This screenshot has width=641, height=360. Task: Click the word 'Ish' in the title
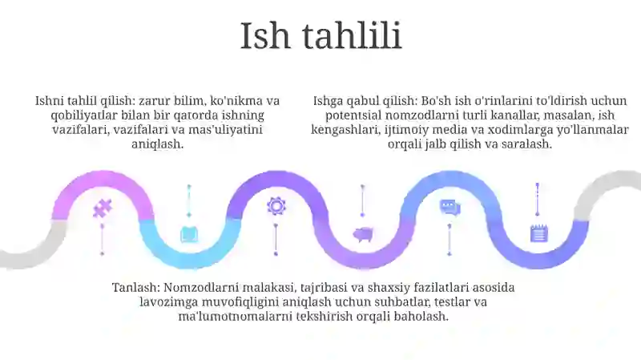point(265,35)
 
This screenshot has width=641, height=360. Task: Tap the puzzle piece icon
point(103,208)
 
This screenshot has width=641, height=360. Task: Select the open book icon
point(190,234)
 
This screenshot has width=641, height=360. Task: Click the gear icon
point(276,206)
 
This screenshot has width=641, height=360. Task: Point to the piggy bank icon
point(363,234)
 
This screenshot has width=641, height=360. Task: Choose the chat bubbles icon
point(450,207)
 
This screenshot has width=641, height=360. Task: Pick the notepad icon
point(538,233)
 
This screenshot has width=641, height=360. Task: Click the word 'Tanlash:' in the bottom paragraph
point(136,288)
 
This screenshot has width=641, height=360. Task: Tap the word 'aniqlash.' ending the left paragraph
point(157,144)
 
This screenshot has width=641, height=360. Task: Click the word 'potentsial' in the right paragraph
point(353,115)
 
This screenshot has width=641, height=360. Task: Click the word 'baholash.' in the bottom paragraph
point(421,316)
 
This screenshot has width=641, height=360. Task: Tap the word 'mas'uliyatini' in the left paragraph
point(225,130)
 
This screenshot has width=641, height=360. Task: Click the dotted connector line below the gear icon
point(276,240)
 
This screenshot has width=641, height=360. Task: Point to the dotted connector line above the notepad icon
point(538,199)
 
